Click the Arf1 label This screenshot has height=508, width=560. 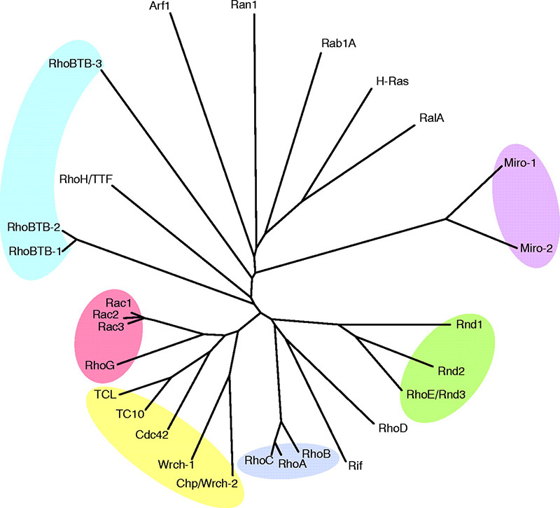pyautogui.click(x=162, y=6)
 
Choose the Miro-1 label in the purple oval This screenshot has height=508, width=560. pyautogui.click(x=520, y=163)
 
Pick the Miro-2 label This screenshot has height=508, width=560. pyautogui.click(x=537, y=247)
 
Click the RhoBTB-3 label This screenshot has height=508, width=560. pyautogui.click(x=77, y=64)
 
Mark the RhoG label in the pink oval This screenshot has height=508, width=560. pyautogui.click(x=99, y=365)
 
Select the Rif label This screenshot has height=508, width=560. pyautogui.click(x=355, y=465)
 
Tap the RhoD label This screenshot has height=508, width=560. pyautogui.click(x=393, y=427)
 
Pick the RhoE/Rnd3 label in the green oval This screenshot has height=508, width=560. pyautogui.click(x=435, y=394)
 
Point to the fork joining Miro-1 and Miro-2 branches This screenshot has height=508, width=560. pyautogui.click(x=447, y=219)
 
